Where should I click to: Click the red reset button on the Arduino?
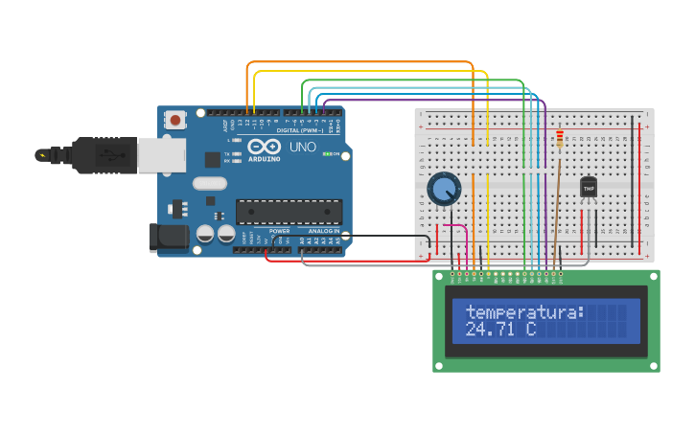coord(175,121)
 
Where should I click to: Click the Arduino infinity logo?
coord(264,147)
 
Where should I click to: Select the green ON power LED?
coord(327,154)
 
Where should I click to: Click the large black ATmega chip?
coord(289,212)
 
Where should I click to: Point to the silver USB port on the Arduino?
coord(161,154)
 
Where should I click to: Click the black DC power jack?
coord(168,238)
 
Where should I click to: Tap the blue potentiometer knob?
coord(444,189)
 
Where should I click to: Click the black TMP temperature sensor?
coord(589,188)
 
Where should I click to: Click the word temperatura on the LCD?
coord(523,312)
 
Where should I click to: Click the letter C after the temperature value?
coord(529,330)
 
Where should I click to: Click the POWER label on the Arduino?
coord(280,231)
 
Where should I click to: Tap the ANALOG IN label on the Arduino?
coord(323,231)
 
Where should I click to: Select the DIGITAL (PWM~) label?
coord(305,130)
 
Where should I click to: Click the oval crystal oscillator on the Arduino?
coord(210,183)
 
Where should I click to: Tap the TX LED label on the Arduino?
coord(227,153)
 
